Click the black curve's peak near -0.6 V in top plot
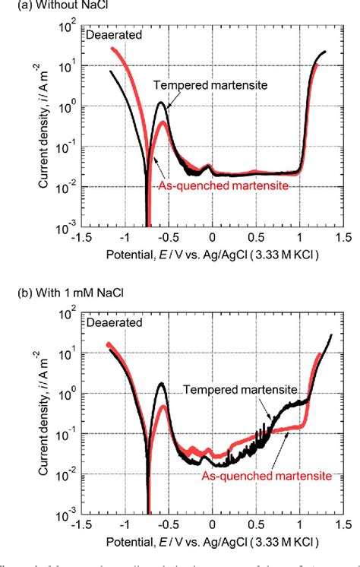[161, 103]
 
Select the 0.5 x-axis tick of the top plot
[257, 236]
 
